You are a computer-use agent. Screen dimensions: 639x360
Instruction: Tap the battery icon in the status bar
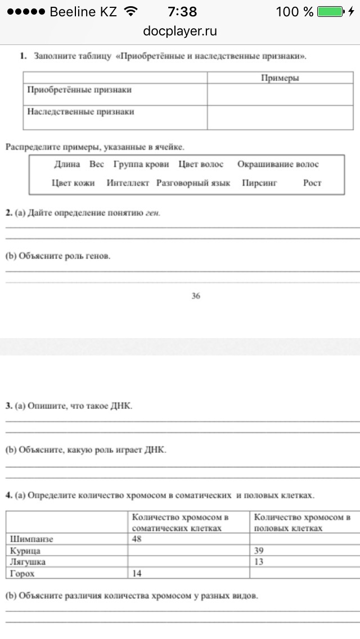tap(330, 11)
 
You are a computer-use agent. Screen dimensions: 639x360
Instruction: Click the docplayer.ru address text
tap(180, 31)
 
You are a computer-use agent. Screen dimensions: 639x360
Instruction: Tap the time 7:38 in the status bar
tap(182, 11)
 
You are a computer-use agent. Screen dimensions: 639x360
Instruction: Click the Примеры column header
tap(280, 78)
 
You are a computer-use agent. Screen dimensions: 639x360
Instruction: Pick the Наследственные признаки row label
tap(81, 112)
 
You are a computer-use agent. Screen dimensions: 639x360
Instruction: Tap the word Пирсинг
tap(259, 183)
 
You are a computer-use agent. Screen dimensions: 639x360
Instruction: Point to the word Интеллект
tap(128, 183)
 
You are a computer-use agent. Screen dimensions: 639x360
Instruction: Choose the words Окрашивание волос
tap(278, 164)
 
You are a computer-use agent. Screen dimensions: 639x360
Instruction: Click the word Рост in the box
tap(312, 183)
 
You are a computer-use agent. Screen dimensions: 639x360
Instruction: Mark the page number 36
tap(195, 296)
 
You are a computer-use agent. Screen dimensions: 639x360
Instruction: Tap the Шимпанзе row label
tap(32, 539)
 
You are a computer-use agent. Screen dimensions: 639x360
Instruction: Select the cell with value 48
tap(138, 539)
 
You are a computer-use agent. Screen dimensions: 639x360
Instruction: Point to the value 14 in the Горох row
tap(138, 573)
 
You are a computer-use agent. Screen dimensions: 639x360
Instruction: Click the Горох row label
tap(23, 573)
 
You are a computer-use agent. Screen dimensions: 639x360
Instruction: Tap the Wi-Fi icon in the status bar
tap(130, 11)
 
